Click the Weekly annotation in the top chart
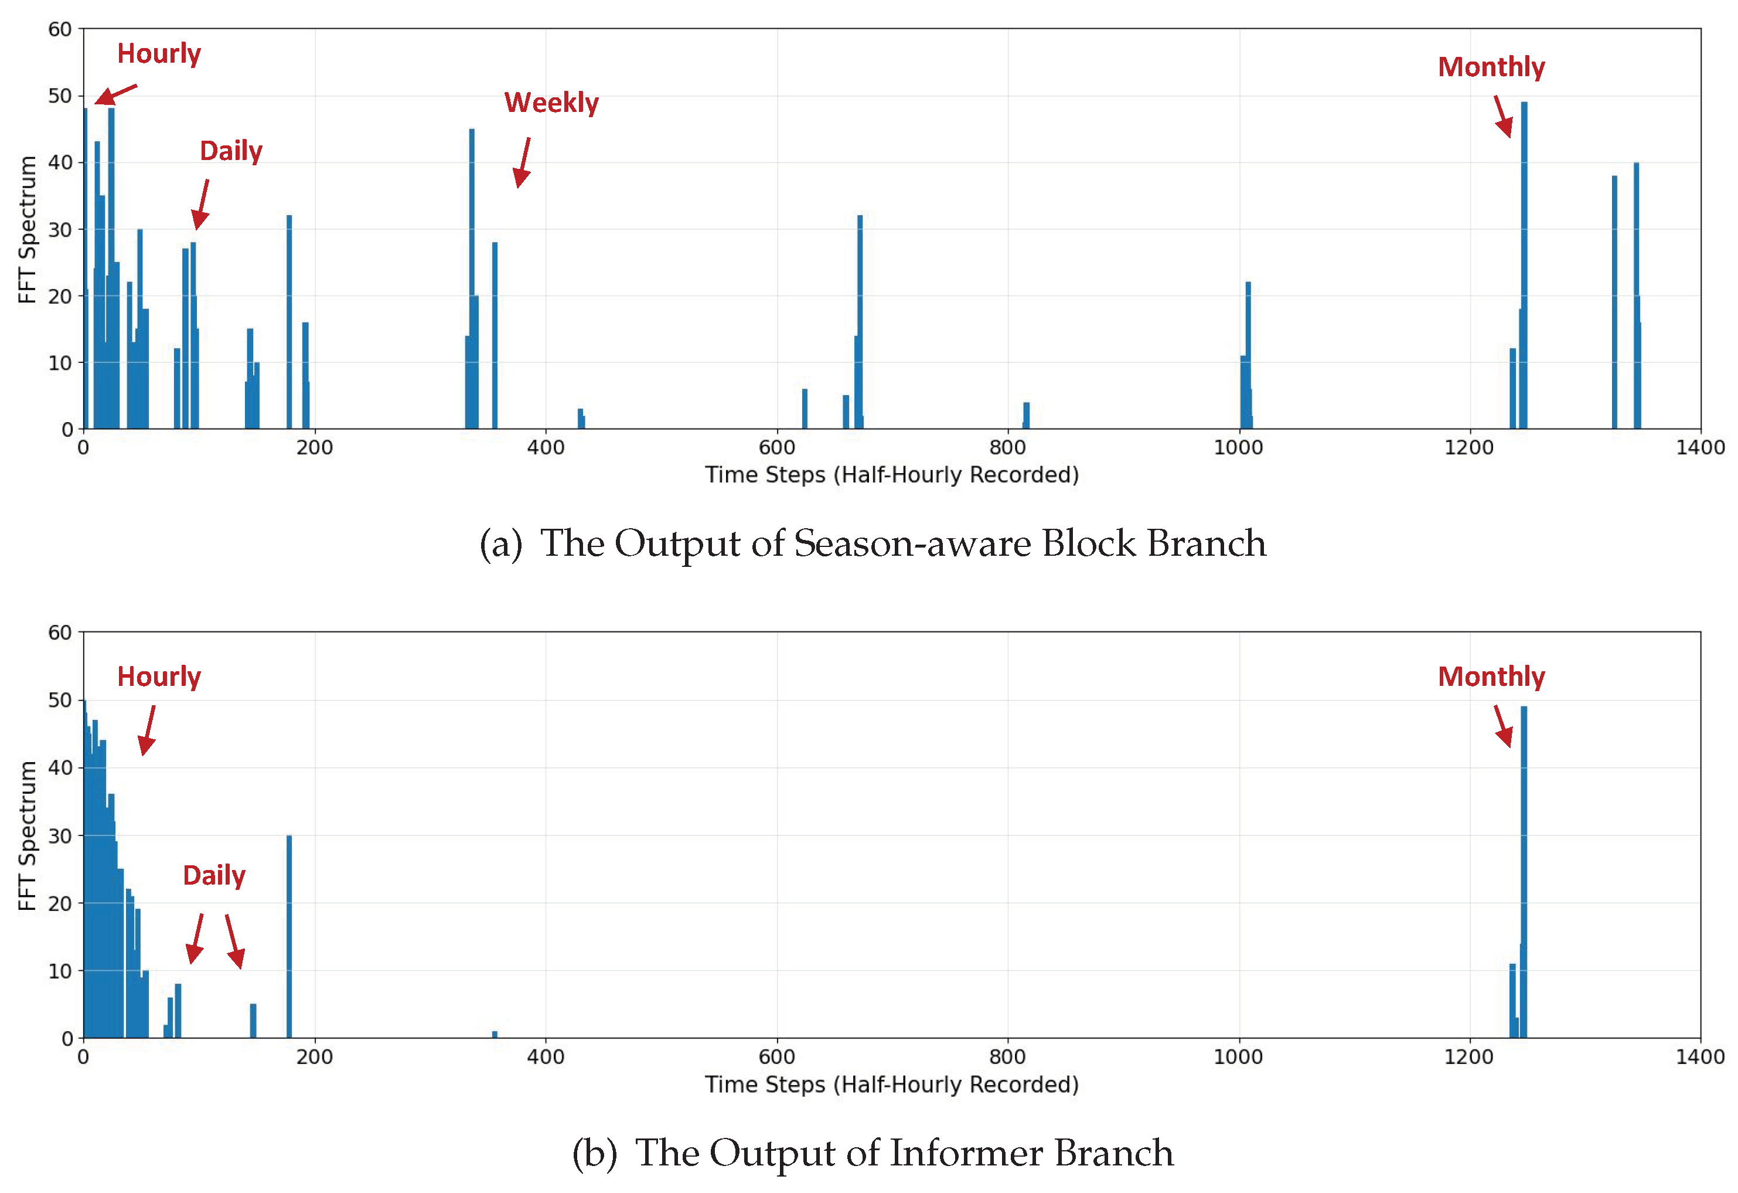coord(551,103)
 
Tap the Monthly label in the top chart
coord(1491,67)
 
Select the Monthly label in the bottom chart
coord(1491,677)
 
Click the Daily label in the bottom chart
coord(214,875)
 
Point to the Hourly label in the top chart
coord(159,54)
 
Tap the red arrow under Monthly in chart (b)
coord(1502,726)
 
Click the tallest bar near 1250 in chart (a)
coord(1524,262)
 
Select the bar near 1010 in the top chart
coord(1248,352)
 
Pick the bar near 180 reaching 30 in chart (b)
coord(289,935)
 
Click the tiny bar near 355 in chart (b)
coord(495,1035)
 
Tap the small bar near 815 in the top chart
coord(1026,416)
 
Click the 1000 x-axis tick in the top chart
coord(1238,448)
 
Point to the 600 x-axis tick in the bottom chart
coord(776,1057)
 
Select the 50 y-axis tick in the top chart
coord(60,96)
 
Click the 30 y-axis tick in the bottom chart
coord(60,835)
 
